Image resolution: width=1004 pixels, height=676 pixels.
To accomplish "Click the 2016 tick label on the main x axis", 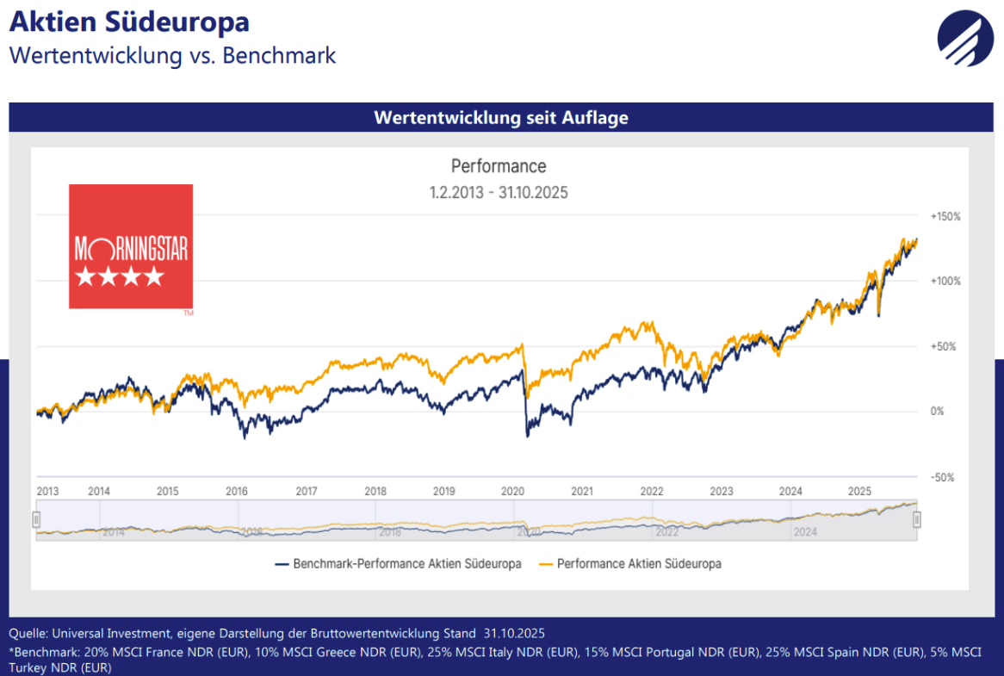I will pyautogui.click(x=237, y=491).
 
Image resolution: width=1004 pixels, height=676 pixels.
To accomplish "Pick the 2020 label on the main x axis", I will pyautogui.click(x=512, y=491).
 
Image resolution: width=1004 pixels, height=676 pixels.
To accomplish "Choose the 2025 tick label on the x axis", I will pyautogui.click(x=859, y=491).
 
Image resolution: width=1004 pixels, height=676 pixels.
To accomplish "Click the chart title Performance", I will pyautogui.click(x=499, y=166).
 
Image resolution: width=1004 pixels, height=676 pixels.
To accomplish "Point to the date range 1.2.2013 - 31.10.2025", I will pyautogui.click(x=499, y=193).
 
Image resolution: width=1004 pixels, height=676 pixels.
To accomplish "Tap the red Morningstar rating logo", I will pyautogui.click(x=131, y=246).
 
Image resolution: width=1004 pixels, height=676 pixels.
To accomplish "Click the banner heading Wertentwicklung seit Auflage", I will pyautogui.click(x=501, y=118).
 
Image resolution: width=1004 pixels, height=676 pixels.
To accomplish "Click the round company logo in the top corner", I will pyautogui.click(x=965, y=38).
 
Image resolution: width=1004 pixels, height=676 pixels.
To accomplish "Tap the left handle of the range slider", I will pyautogui.click(x=36, y=519).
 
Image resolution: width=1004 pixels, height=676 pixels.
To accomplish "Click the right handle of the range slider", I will pyautogui.click(x=917, y=519).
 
